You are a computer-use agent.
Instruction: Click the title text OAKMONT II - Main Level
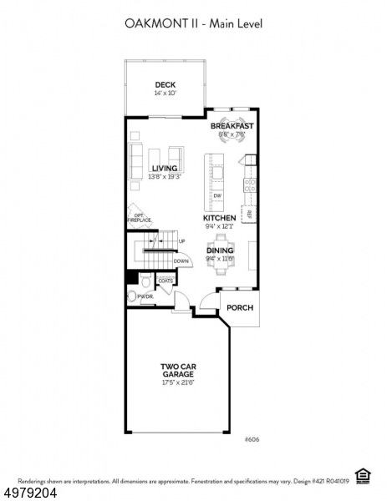[193, 24]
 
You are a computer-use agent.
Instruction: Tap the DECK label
[164, 84]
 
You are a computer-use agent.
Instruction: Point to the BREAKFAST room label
[232, 126]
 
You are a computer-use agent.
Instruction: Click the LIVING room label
[164, 168]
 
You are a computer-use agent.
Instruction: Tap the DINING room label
[220, 250]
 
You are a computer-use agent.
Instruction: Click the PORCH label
[240, 307]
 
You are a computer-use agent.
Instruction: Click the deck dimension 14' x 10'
[164, 94]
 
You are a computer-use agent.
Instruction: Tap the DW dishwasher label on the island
[217, 195]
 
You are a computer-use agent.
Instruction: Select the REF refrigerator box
[249, 214]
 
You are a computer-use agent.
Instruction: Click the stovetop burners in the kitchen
[248, 185]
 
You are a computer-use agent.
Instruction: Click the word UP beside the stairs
[181, 241]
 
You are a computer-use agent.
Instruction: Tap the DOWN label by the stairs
[181, 261]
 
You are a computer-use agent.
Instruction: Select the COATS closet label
[165, 281]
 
